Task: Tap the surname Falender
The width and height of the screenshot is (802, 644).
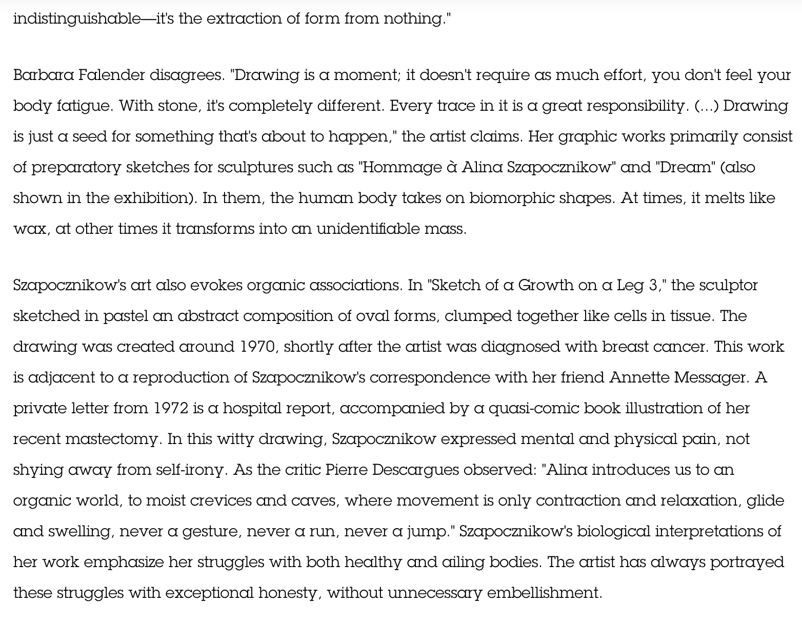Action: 112,75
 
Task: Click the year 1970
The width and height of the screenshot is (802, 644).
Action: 257,347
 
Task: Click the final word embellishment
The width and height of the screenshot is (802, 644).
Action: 544,593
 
